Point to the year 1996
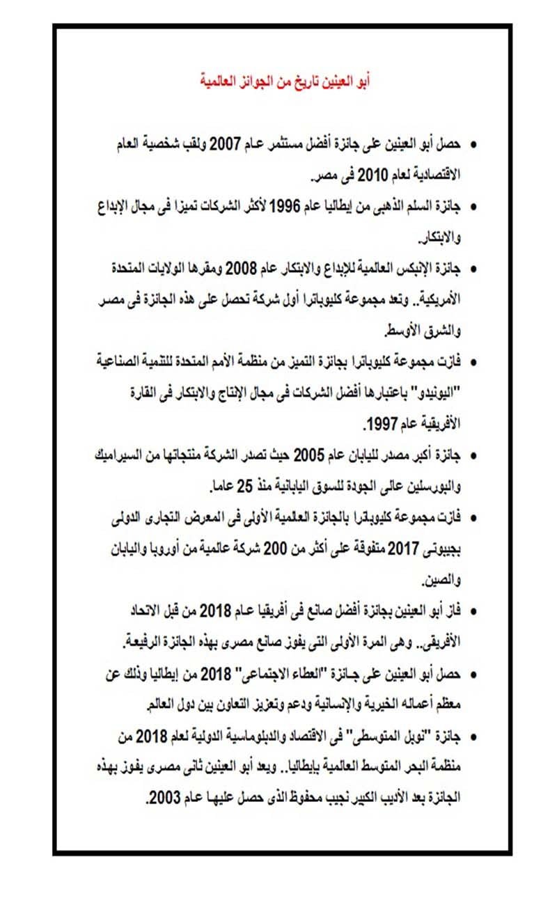coord(283,207)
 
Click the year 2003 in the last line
coord(162,797)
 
